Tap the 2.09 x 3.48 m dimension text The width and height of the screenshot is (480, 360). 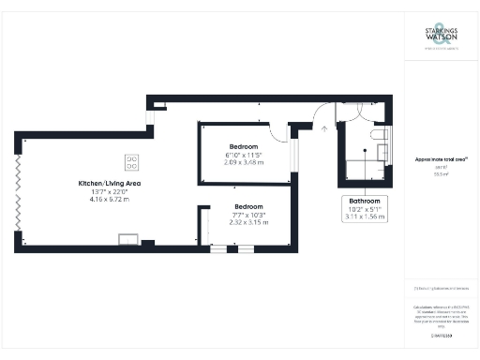244,162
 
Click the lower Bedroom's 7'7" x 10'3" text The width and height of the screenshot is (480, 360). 249,214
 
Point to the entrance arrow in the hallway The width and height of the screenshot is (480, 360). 323,119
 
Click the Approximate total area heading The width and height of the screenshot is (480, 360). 442,159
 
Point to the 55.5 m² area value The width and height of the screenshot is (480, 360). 442,174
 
